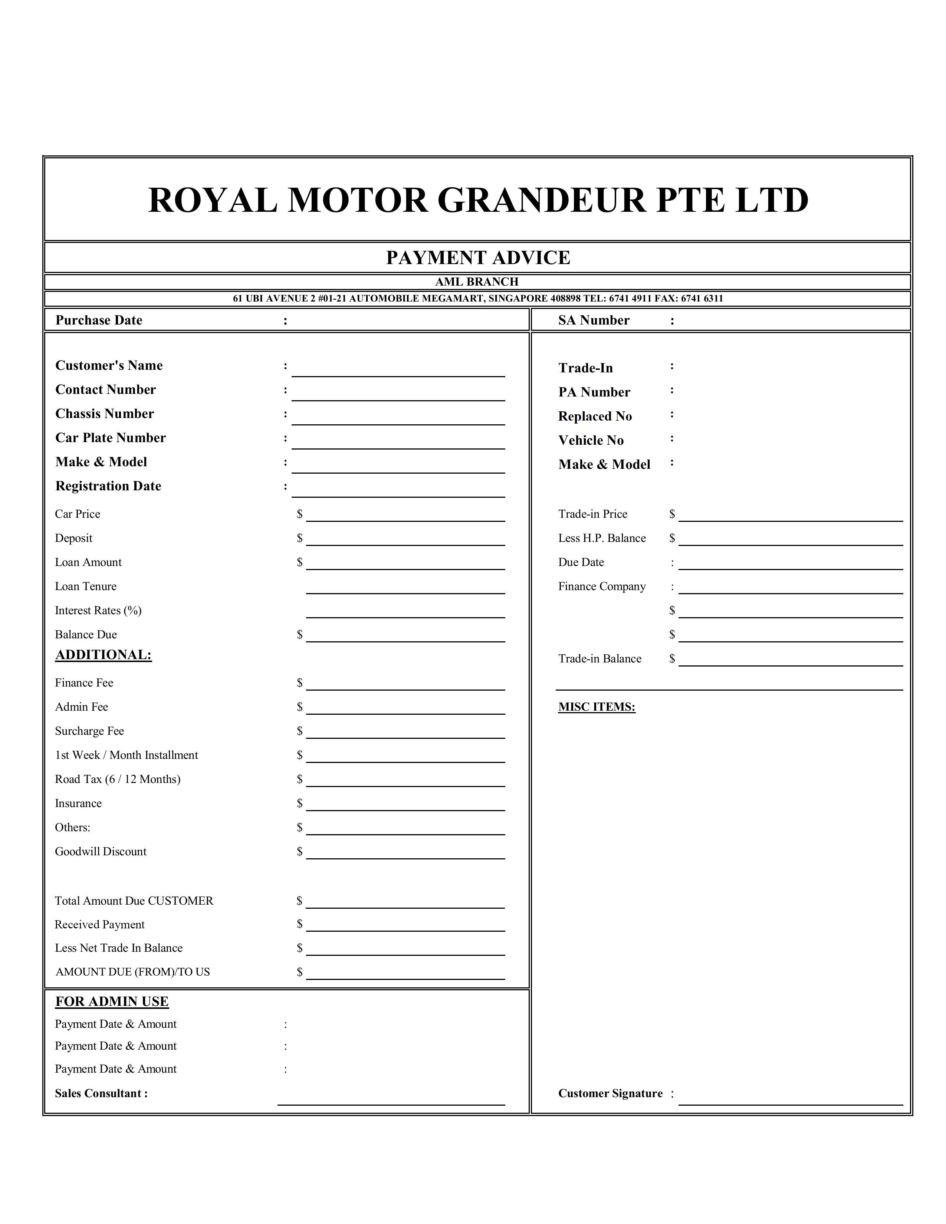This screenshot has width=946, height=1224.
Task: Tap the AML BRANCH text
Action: (477, 282)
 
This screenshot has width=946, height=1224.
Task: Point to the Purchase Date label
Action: (99, 320)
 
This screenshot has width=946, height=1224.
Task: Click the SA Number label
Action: (594, 320)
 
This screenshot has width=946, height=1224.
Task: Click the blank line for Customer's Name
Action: (398, 371)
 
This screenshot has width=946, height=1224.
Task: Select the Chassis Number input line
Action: (398, 419)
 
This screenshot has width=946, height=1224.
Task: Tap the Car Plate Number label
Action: (111, 438)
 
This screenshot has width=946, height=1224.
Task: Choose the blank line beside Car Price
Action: (405, 516)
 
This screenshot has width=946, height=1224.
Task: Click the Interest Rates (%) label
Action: (98, 610)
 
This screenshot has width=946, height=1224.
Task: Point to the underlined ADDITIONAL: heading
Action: (103, 655)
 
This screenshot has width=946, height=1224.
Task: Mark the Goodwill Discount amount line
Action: (405, 853)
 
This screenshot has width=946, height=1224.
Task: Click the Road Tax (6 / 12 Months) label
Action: (118, 779)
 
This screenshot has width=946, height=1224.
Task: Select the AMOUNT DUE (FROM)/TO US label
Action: (132, 972)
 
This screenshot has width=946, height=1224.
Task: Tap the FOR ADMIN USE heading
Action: (112, 1001)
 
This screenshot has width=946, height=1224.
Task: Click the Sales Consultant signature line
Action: (391, 1100)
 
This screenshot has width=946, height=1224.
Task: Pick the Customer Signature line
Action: (790, 1100)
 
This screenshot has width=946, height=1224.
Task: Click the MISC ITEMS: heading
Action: (596, 707)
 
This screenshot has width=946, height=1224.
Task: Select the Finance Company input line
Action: (790, 588)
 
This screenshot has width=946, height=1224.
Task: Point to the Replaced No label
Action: (595, 417)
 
